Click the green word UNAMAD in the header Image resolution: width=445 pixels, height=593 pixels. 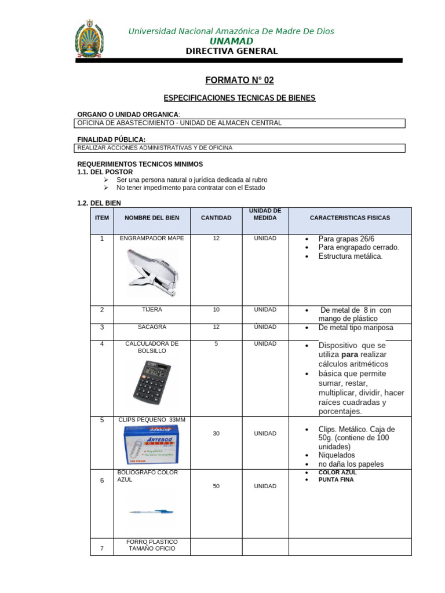[231, 41]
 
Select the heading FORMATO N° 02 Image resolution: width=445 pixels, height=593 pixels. [231, 80]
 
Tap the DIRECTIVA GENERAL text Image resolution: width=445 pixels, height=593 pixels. [231, 51]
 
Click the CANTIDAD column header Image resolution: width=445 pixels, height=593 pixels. [216, 218]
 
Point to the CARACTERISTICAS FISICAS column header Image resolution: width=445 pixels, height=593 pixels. [350, 218]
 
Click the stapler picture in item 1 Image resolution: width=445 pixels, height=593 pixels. [152, 269]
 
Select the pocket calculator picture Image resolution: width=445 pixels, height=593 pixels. [152, 381]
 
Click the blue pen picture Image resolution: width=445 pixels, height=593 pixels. [152, 511]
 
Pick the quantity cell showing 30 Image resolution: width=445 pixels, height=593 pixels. [216, 433]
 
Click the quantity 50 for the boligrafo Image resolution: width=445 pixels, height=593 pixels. [216, 486]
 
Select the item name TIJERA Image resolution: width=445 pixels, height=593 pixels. [152, 309]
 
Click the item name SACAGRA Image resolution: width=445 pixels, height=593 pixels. [152, 327]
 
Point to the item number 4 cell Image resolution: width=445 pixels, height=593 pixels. [102, 344]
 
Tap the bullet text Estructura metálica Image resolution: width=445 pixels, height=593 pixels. [351, 256]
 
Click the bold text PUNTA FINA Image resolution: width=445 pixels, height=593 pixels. [336, 479]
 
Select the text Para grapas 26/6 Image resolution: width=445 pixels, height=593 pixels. [346, 239]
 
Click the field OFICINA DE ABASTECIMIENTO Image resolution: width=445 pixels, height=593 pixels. [180, 123]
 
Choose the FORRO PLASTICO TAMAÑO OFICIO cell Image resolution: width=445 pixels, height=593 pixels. [152, 545]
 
